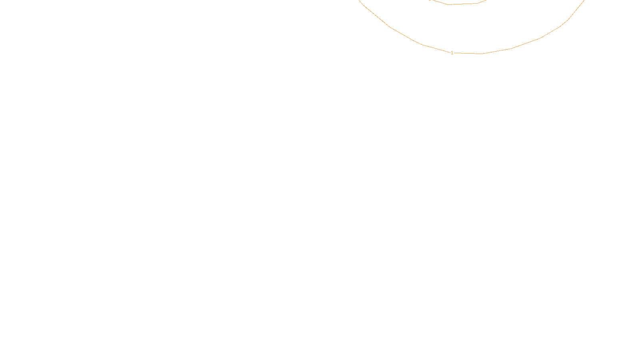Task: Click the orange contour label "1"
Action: (x=452, y=53)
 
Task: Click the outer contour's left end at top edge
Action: (x=360, y=1)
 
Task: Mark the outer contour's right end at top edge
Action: (x=584, y=1)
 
